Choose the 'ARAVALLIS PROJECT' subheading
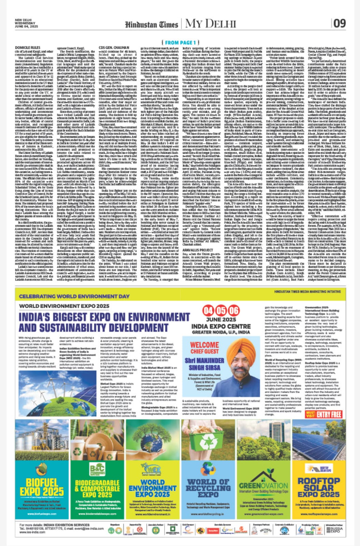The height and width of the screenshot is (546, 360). tap(198, 250)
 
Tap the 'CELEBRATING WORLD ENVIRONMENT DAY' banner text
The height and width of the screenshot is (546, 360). tap(74, 297)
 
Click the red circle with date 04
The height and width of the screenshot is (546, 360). tap(208, 311)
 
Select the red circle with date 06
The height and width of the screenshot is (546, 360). tap(233, 311)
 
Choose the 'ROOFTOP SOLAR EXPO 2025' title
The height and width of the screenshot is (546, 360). tap(318, 487)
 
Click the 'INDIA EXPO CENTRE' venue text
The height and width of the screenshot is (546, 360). tap(221, 327)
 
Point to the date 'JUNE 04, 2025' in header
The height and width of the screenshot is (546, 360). tap(26, 26)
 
